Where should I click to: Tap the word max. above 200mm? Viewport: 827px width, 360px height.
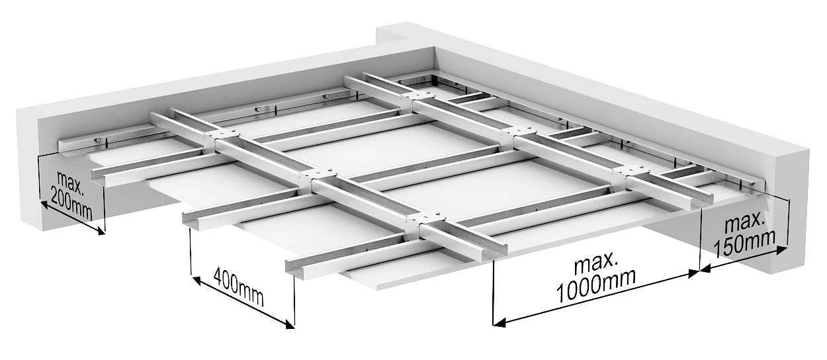coord(71,183)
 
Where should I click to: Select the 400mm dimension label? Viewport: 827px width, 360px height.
coord(239,288)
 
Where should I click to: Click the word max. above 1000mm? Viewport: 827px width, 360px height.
coord(596,263)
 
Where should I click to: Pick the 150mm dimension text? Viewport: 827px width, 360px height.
coord(744,244)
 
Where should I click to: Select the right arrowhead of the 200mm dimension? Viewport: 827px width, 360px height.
coord(100,232)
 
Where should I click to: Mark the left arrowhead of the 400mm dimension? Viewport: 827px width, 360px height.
coord(196,281)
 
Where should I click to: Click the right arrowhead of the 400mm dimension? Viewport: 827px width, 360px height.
coord(290,324)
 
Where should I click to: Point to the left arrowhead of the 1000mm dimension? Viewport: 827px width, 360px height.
coord(499,324)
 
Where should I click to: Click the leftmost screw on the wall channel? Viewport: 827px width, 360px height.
coord(97,140)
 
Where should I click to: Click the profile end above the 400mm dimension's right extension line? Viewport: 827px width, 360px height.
coord(295,268)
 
